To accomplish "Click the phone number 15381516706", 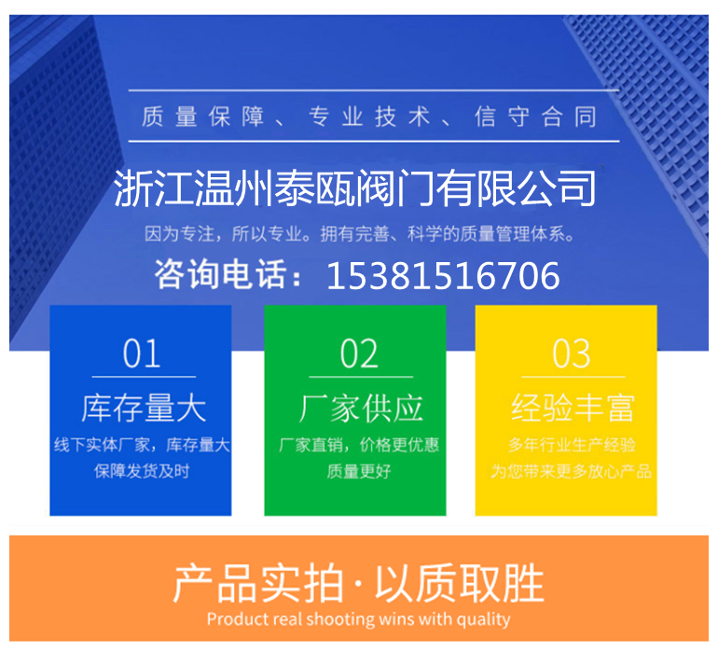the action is point(443,276).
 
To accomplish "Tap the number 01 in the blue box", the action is point(142,354).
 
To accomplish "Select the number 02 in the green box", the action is point(359,354).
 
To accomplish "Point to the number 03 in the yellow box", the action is point(571,354).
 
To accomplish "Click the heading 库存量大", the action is point(144,408).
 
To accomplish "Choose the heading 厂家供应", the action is point(361,408).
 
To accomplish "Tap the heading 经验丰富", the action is point(573,408).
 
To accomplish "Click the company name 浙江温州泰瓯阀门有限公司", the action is point(355,187).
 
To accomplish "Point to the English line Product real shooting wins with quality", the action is point(359,619).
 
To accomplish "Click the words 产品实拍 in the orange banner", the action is point(257,583).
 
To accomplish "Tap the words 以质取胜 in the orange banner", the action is point(460,583).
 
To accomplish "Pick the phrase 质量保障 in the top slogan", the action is point(202,117).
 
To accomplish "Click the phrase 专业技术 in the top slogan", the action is point(369,117).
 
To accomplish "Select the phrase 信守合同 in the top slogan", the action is point(536,117).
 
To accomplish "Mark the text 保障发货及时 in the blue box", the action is point(142,471).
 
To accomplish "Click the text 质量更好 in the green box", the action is point(359,471).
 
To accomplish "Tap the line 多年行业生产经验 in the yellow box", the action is point(572,444).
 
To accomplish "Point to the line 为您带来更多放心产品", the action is point(571,471).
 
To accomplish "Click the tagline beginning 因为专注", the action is point(359,234).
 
